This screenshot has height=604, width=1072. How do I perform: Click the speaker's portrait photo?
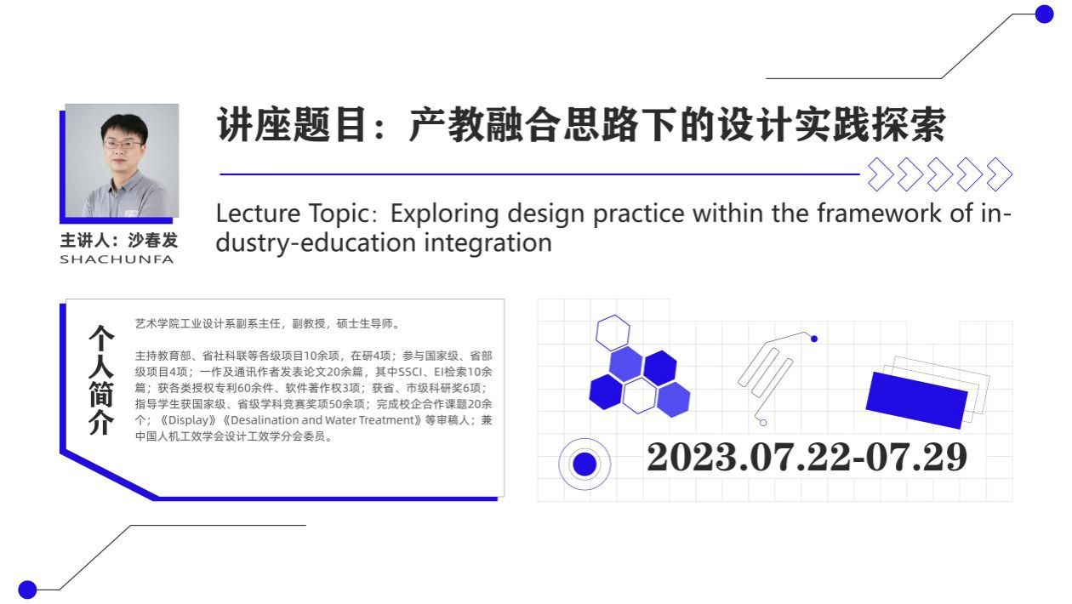point(122,160)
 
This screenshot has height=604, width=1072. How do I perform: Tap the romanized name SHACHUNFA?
point(117,259)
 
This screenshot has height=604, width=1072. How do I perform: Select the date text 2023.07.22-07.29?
point(807,457)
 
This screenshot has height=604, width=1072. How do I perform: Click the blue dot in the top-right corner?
point(1044,14)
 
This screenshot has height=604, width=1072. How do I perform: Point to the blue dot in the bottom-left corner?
point(27,590)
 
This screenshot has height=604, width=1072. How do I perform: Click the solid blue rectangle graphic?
point(916,400)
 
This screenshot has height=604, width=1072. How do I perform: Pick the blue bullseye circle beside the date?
point(584,464)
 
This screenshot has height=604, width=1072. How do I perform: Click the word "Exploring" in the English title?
point(445,214)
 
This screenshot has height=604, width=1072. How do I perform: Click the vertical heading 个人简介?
point(101,380)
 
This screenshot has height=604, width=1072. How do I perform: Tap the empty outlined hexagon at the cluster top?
point(613,332)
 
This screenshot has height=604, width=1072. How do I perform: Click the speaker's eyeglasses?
point(123,144)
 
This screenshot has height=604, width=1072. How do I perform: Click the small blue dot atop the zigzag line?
point(814,339)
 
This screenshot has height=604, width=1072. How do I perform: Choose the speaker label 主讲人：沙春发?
point(119,240)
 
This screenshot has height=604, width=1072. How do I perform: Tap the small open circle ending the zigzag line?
point(763,422)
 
